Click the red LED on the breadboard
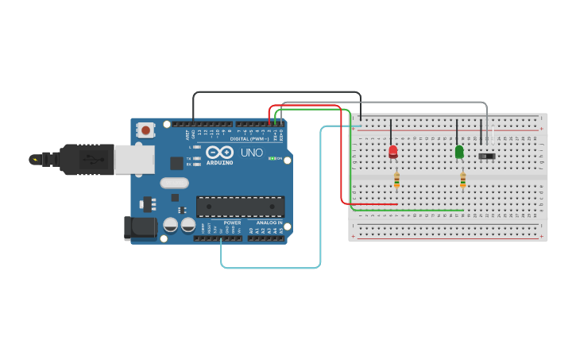[x=393, y=151]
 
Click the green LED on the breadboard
[x=459, y=151]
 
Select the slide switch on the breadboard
[x=487, y=156]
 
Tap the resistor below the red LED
[x=396, y=182]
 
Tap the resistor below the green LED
[x=462, y=182]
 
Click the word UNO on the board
[x=252, y=152]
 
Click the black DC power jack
[x=141, y=228]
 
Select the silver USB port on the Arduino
[x=133, y=160]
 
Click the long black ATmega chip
[x=240, y=207]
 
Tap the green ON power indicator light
[x=272, y=159]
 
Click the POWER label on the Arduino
[x=232, y=223]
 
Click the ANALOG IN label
[x=269, y=223]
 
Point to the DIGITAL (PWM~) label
[x=249, y=138]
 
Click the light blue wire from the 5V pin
[x=270, y=268]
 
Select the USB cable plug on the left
[x=79, y=159]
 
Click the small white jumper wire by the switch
[x=493, y=137]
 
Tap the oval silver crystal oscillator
[x=174, y=183]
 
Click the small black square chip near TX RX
[x=176, y=163]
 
